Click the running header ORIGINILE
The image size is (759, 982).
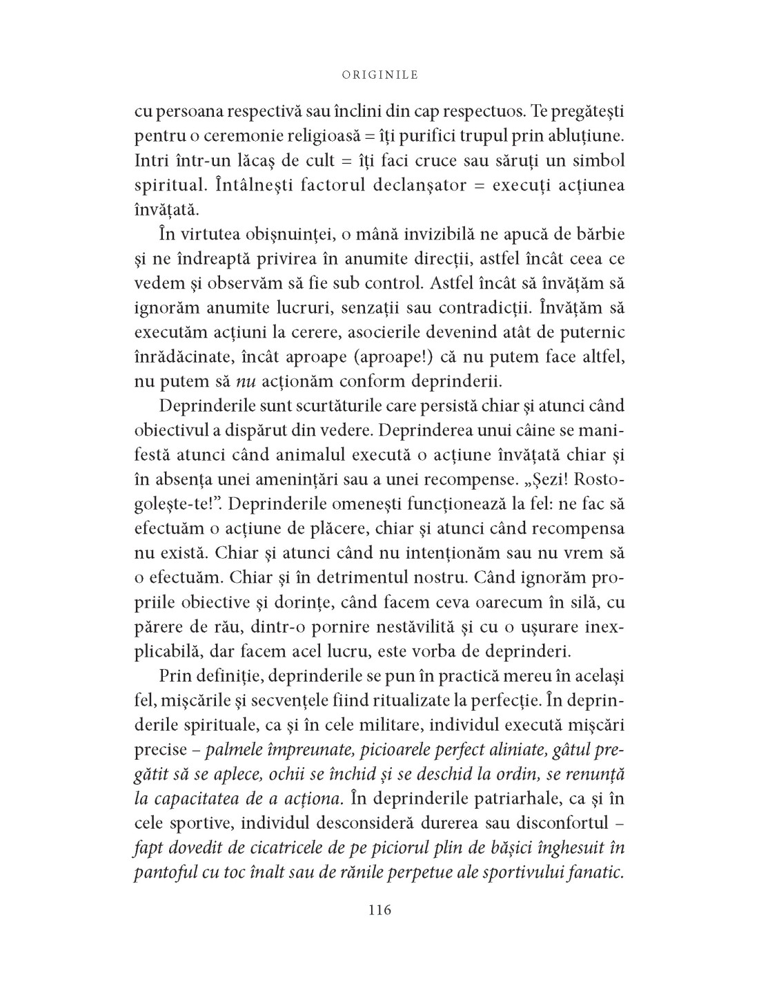pyautogui.click(x=380, y=75)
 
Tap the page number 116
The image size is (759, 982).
pyautogui.click(x=379, y=909)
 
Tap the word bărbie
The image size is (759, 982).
pyautogui.click(x=597, y=234)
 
